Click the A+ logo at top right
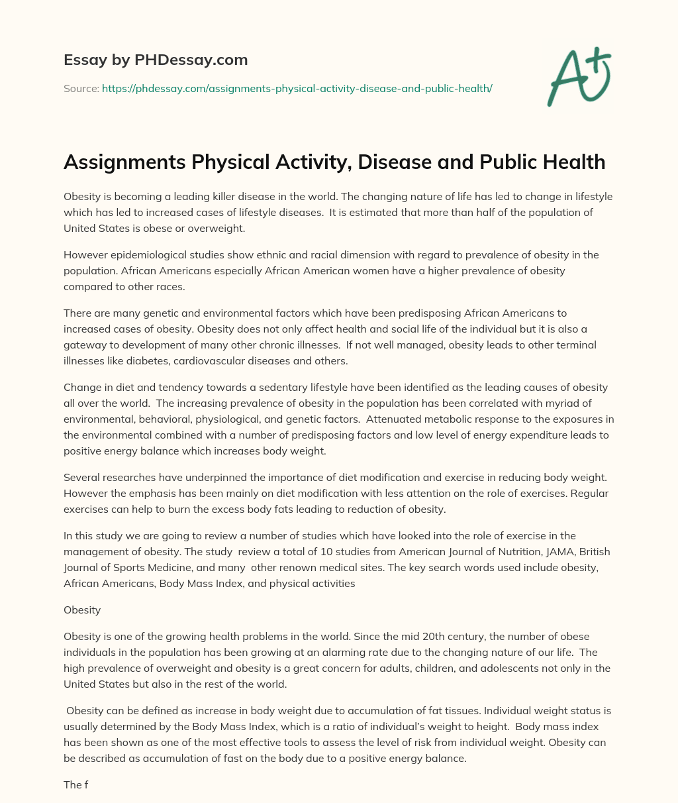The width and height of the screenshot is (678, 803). tap(578, 78)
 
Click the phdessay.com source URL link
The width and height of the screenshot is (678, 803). tap(297, 88)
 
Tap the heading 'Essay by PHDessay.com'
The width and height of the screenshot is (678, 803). tap(156, 60)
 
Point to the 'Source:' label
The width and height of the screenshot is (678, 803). tap(81, 88)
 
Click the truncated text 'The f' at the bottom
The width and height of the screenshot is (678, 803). tap(76, 784)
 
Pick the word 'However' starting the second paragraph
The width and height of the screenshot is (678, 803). tap(85, 255)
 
